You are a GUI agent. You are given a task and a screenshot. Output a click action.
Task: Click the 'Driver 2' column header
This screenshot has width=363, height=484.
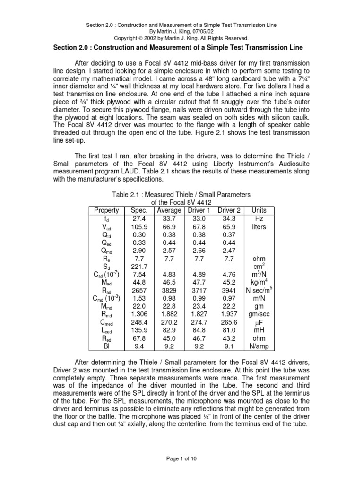[229, 210]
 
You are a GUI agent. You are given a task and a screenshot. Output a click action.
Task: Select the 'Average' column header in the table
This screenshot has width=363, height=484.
[169, 210]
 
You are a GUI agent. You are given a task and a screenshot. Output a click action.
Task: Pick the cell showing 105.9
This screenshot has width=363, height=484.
[137, 227]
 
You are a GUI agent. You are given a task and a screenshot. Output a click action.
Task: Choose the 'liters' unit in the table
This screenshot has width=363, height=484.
[259, 227]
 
